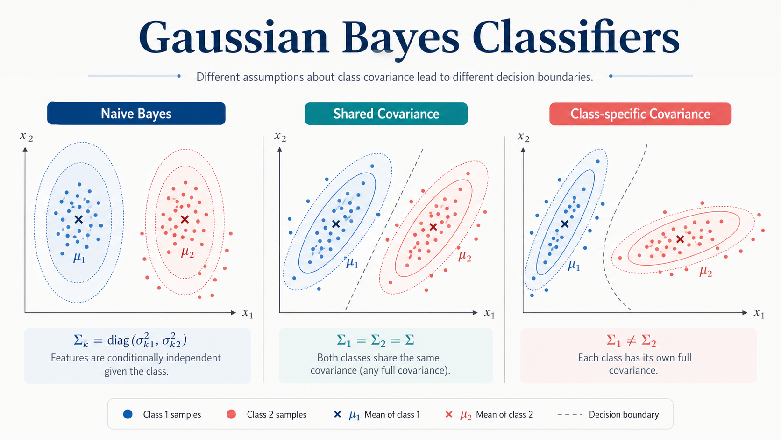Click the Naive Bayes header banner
pos(136,114)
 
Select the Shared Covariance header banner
pos(386,114)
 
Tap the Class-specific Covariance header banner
pos(640,114)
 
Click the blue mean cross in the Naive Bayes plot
pos(79,219)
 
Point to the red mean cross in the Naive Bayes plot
pos(185,219)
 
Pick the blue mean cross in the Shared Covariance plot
pos(336,224)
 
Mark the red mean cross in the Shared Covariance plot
pos(433,227)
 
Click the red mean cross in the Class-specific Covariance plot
pos(680,239)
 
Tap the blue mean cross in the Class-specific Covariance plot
pos(565,224)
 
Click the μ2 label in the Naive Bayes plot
pos(188,252)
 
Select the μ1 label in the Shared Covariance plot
pos(352,263)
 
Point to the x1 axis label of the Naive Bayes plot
pos(248,313)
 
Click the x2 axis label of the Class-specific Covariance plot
pos(523,137)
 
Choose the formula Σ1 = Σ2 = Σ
pos(376,340)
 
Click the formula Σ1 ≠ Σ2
pos(632,340)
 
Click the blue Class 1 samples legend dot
pos(128,414)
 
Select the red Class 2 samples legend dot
pos(231,414)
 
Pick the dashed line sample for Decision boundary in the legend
pos(570,415)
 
